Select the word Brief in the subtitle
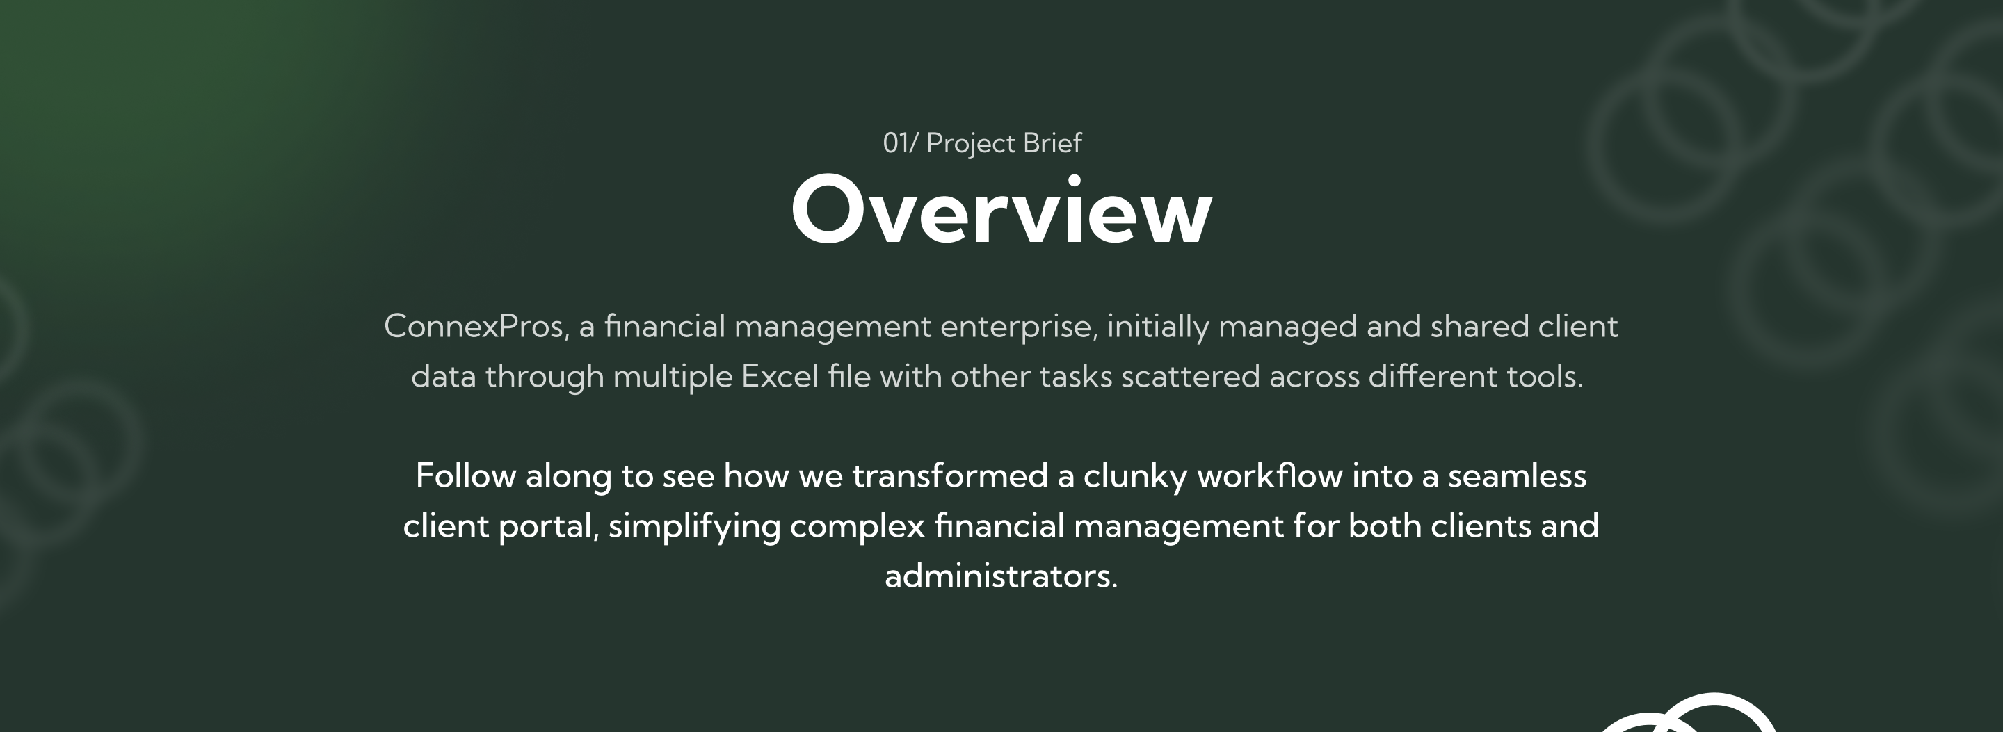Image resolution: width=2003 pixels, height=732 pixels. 1052,143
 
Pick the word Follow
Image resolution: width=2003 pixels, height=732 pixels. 466,475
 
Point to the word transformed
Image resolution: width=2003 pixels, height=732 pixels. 950,475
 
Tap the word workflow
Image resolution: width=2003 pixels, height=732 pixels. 1270,475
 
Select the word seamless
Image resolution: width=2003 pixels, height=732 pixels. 1517,475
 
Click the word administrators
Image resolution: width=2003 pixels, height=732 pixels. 1001,576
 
